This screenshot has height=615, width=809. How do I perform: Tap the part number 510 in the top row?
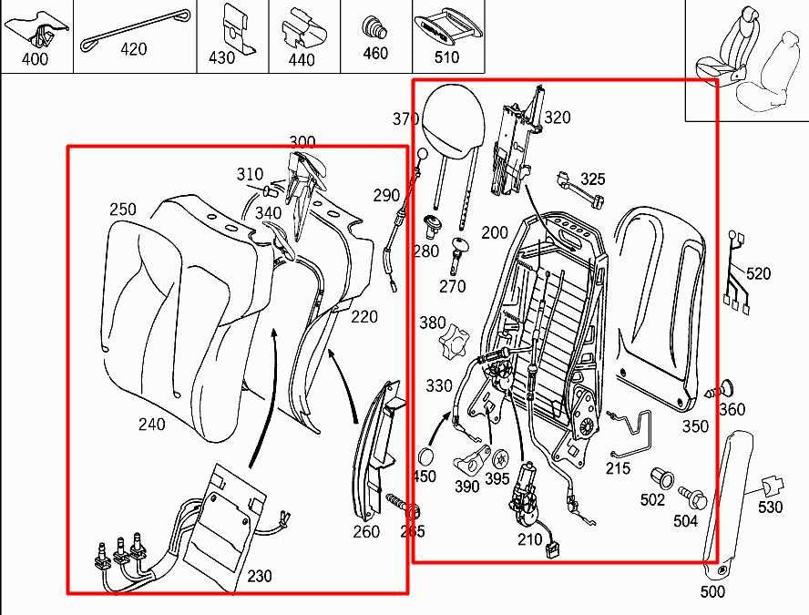[x=447, y=57]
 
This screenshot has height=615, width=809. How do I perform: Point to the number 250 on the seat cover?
[x=123, y=210]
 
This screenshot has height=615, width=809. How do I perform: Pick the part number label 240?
[x=151, y=424]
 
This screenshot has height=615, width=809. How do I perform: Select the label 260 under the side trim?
[x=366, y=531]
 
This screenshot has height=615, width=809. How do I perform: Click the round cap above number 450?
[x=425, y=457]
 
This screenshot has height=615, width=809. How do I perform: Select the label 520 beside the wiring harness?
[x=758, y=273]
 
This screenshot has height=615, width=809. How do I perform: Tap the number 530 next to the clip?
[x=770, y=507]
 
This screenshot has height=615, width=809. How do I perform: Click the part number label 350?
[x=695, y=426]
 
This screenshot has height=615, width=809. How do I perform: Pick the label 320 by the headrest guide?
[x=557, y=117]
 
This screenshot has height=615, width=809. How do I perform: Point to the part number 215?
[x=618, y=468]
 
